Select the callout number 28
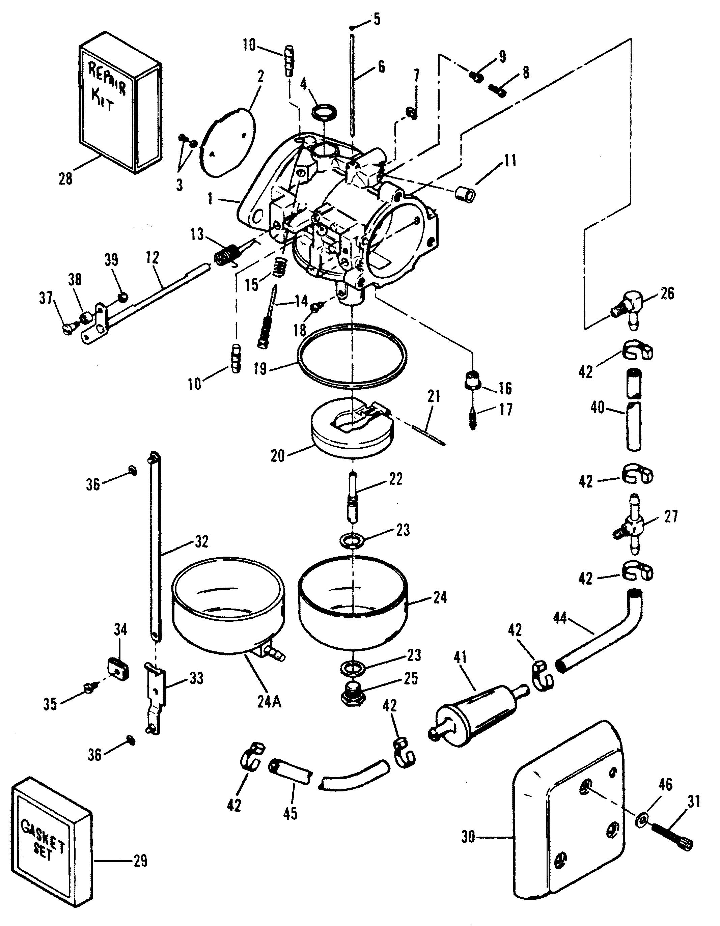[66, 178]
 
